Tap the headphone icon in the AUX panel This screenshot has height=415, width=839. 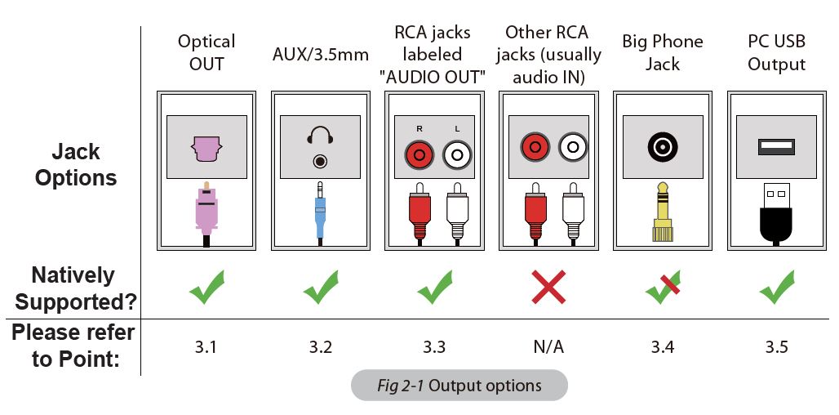320,135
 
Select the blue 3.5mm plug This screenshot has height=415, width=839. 320,211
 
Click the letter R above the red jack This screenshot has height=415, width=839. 419,128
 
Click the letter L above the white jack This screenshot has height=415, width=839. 457,128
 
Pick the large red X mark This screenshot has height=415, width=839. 548,288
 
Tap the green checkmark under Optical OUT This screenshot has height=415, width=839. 206,288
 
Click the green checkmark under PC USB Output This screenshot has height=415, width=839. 776,288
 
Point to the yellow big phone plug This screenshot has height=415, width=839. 663,214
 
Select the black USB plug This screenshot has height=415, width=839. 776,214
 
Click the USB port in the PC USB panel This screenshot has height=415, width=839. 776,147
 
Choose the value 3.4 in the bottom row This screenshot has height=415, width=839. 663,347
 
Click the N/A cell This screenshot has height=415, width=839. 548,347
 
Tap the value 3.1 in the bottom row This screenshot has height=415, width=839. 206,347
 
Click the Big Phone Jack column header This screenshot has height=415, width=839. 663,52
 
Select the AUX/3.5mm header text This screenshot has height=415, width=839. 320,56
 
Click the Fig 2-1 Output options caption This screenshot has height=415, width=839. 459,386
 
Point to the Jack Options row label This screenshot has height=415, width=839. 76,164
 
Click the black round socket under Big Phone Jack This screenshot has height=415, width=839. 662,148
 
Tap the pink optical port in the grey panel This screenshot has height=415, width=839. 206,148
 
